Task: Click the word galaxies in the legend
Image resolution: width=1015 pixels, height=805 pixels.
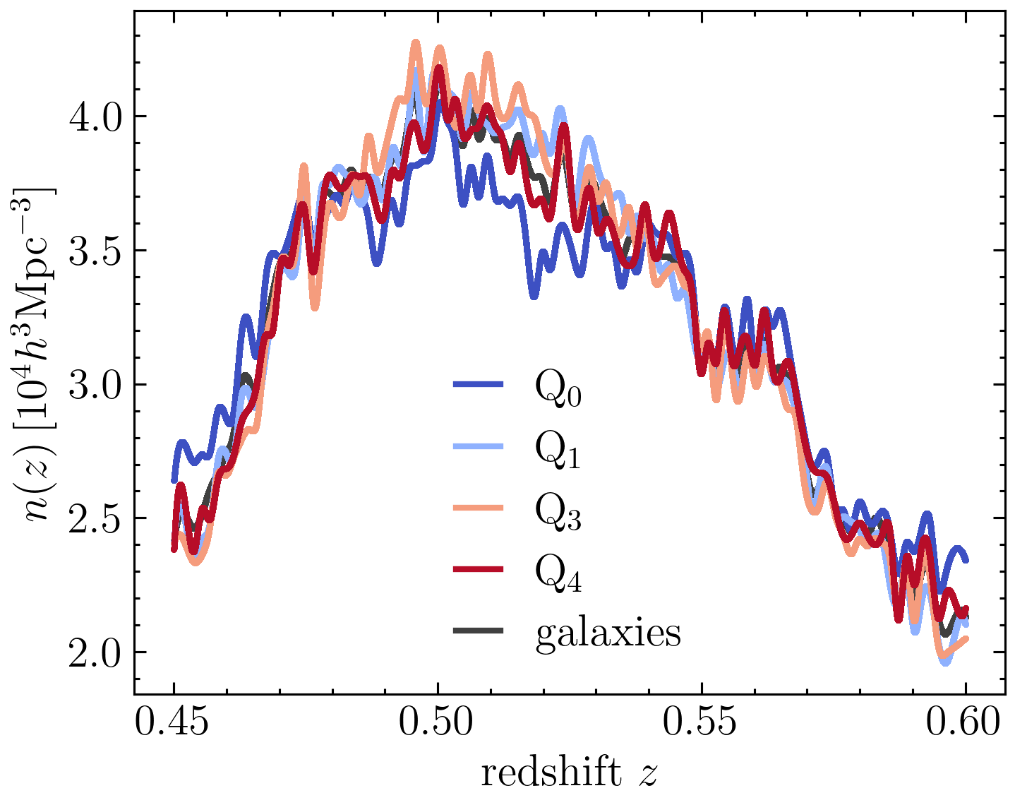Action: (608, 633)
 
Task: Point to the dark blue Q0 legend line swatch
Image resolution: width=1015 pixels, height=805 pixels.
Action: (478, 385)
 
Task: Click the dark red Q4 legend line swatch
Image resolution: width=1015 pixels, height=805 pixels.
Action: (478, 569)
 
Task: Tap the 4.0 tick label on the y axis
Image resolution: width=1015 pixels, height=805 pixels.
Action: (95, 117)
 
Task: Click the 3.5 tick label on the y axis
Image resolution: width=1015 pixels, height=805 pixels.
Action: (95, 251)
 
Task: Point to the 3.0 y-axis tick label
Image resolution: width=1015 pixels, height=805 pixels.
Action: (95, 385)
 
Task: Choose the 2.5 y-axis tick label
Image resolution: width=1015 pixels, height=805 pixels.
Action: (95, 518)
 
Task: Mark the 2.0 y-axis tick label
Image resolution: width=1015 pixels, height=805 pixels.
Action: (95, 652)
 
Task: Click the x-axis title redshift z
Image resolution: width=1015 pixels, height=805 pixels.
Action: (569, 773)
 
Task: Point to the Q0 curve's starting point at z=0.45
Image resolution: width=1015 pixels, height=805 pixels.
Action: (174, 480)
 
